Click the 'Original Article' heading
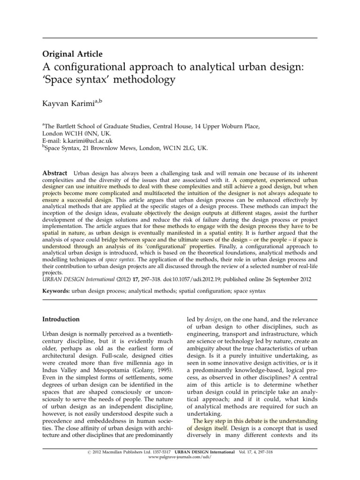coord(73,54)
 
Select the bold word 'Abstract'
coord(55,173)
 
